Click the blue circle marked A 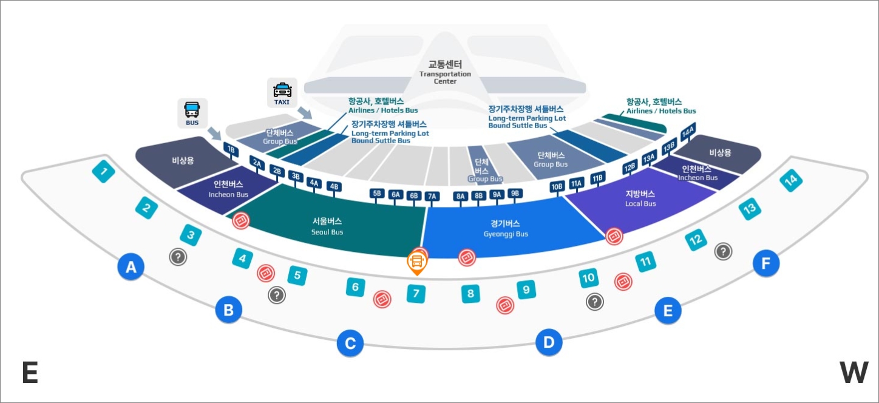click(131, 266)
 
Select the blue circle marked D click(549, 343)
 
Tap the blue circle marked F click(765, 263)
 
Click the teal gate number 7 click(416, 294)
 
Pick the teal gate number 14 click(791, 180)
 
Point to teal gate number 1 click(104, 172)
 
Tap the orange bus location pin click(417, 262)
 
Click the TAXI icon click(282, 92)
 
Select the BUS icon click(192, 113)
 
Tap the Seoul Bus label click(327, 226)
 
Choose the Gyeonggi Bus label click(506, 228)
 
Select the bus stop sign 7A click(432, 196)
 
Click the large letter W click(854, 373)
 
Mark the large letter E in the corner click(30, 373)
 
